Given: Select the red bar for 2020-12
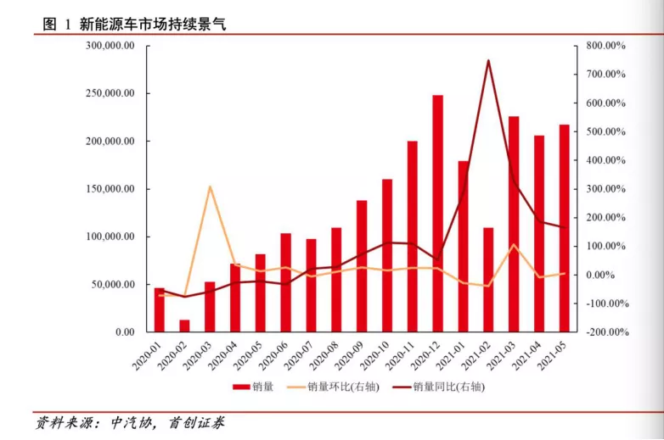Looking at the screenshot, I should coord(437,212).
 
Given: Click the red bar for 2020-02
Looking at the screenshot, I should coord(184,326).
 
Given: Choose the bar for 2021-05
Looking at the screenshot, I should coord(565,228).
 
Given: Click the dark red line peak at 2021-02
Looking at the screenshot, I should coord(488,60).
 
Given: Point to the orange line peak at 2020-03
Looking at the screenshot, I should coord(210,187).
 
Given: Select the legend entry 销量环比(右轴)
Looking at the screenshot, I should coord(331,387).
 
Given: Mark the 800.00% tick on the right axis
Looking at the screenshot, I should coord(606,46).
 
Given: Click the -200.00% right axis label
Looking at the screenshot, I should coord(605,332).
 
